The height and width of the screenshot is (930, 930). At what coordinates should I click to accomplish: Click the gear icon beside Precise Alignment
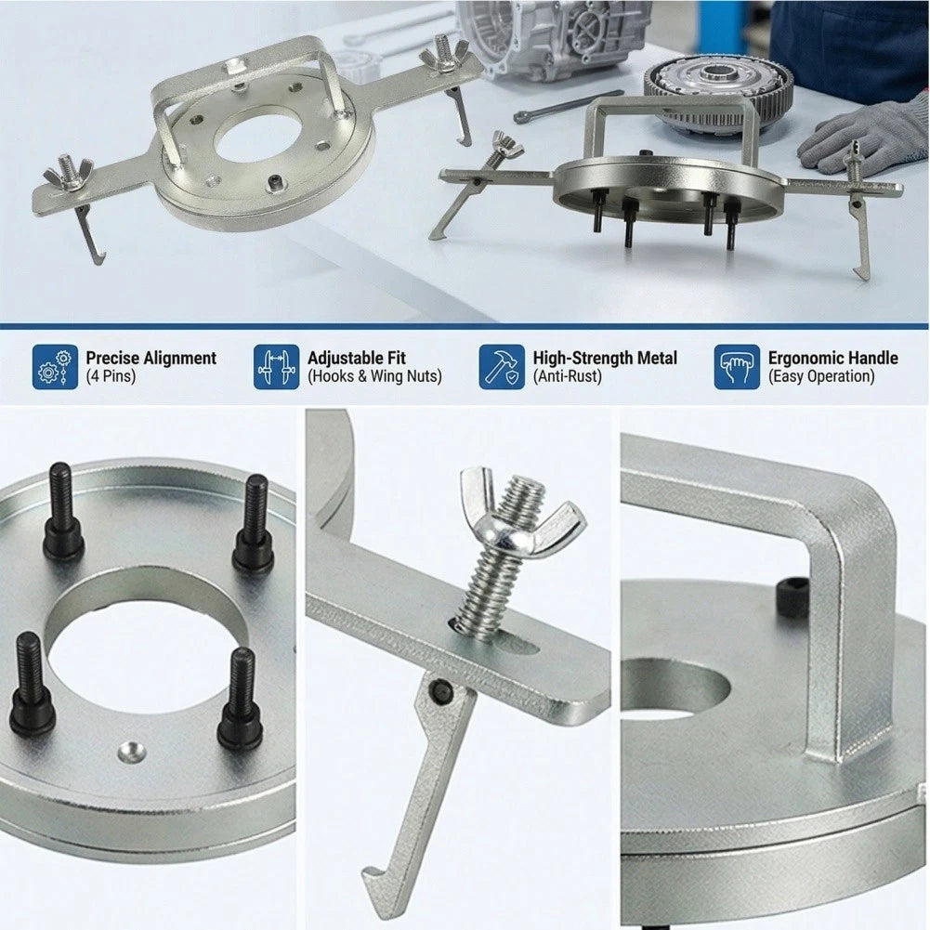coord(55,367)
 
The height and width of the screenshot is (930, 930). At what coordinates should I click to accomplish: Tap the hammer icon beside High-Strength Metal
coord(502,367)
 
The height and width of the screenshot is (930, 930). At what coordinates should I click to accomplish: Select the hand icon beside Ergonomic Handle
coord(737,367)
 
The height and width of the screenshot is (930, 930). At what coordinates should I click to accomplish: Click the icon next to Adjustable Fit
coord(276,367)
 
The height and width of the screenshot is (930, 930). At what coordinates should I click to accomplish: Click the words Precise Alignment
coord(151,359)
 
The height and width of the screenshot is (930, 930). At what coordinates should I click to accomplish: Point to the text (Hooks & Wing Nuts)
coord(374,376)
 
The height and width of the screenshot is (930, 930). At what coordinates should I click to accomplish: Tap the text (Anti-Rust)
coord(567,376)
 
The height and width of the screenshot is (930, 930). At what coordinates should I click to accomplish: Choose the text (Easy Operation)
coord(821,376)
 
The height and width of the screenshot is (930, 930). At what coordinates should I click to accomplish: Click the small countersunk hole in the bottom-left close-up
coord(132,752)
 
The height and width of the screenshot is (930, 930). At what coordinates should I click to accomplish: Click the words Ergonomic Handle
coord(832,359)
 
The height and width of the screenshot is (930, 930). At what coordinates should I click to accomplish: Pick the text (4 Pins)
coord(111,376)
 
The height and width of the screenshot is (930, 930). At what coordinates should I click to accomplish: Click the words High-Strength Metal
coord(605,359)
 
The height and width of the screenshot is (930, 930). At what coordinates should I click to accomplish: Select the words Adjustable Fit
coord(357,359)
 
